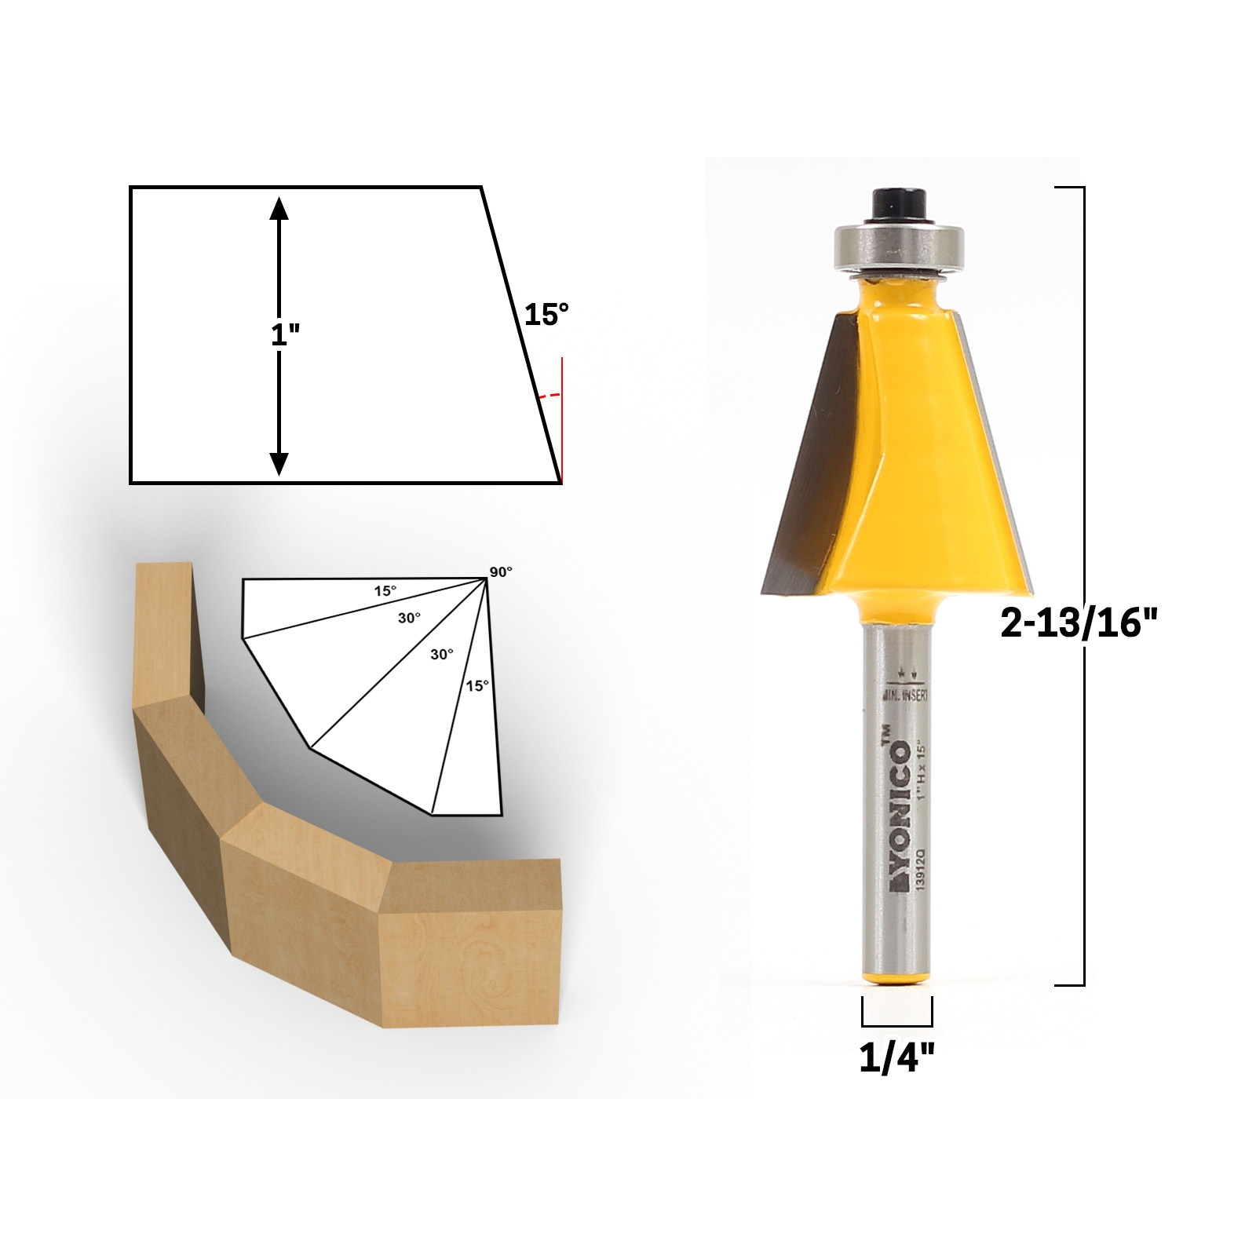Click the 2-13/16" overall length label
(1079, 624)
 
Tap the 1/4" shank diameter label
(897, 1059)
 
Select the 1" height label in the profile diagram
(285, 335)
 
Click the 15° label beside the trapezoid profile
(546, 315)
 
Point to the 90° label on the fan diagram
(500, 572)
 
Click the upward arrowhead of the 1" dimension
(279, 207)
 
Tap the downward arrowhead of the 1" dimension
(279, 464)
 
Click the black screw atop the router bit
(896, 204)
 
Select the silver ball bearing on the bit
(896, 246)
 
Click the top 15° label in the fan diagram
(385, 591)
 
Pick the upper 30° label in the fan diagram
(408, 619)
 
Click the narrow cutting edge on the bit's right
(997, 455)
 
